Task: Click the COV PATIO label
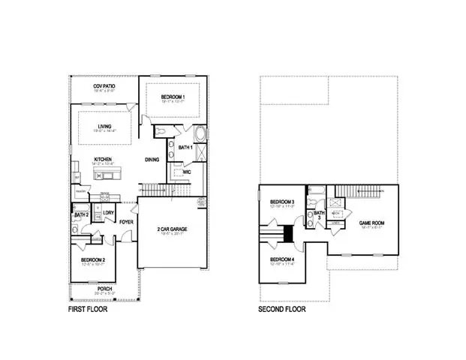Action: point(104,87)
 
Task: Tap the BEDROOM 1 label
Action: point(174,99)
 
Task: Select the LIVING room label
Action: point(104,126)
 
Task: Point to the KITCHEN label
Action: point(103,158)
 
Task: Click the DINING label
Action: point(152,159)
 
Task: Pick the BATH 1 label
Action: point(186,148)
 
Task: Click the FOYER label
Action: point(126,222)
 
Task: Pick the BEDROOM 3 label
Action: point(282,202)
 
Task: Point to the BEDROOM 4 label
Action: point(282,260)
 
